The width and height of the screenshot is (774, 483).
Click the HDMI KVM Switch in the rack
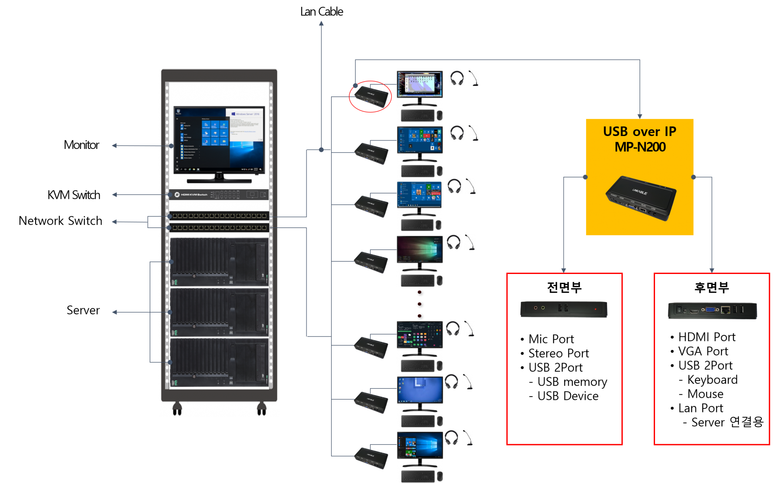(218, 194)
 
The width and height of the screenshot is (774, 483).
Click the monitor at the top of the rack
(219, 140)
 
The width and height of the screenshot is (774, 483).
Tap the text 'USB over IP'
(639, 132)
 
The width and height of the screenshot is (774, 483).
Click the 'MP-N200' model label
(640, 147)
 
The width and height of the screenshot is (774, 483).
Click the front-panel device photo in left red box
(563, 309)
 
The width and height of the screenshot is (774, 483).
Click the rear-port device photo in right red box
(712, 310)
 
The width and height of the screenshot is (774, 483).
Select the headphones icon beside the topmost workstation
(457, 78)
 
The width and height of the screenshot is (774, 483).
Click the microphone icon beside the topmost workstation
(474, 78)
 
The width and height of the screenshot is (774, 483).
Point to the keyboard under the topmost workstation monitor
(417, 116)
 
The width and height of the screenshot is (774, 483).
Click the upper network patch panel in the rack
(219, 216)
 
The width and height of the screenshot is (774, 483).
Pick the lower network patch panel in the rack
(219, 228)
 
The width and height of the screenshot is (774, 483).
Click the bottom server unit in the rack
(219, 362)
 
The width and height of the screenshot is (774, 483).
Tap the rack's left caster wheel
(177, 409)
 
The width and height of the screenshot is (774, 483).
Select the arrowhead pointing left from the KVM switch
(115, 195)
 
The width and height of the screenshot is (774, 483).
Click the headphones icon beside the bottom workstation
(451, 437)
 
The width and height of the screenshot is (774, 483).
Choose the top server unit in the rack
(219, 262)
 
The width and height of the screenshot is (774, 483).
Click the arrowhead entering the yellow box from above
(640, 116)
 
